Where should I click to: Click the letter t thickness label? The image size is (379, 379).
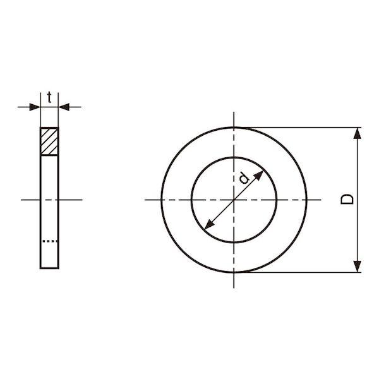pos(49,97)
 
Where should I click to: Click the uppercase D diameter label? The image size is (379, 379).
pos(347,200)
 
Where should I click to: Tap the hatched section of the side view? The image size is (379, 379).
pos(49,141)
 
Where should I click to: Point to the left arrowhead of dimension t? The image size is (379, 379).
pos(35,107)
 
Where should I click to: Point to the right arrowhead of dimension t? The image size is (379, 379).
pos(64,107)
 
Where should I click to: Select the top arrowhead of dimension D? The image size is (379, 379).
pos(358,133)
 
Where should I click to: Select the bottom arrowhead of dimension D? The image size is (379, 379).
pos(358,267)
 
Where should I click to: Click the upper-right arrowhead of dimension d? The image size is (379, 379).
pos(258,175)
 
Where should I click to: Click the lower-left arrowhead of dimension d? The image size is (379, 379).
pos(209,224)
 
